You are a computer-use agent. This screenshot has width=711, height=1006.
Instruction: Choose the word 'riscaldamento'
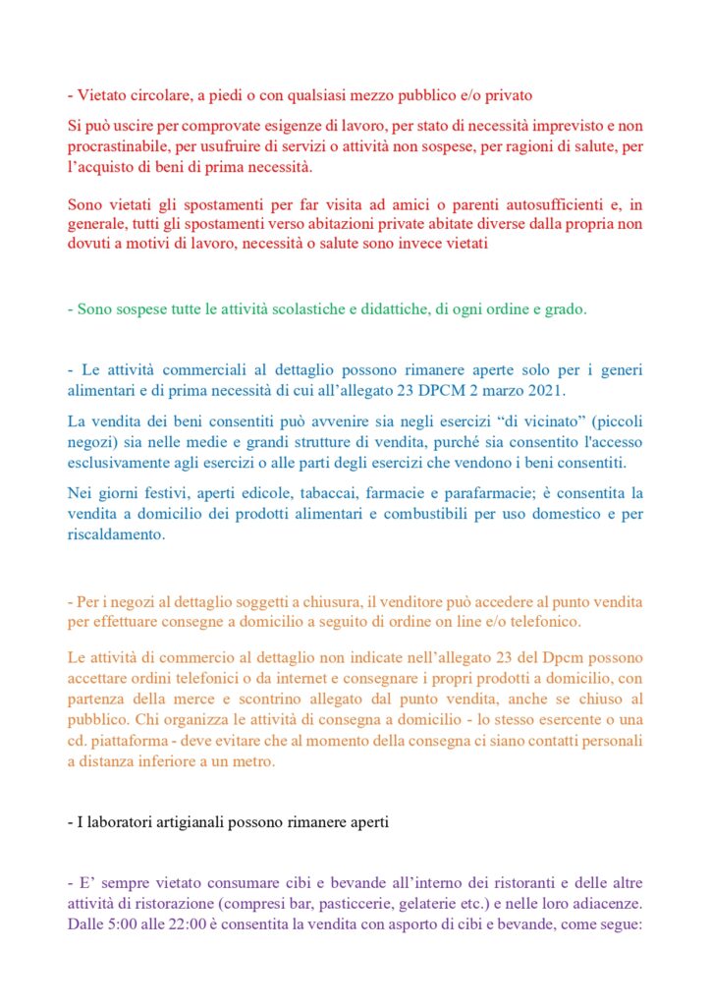coord(117,536)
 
